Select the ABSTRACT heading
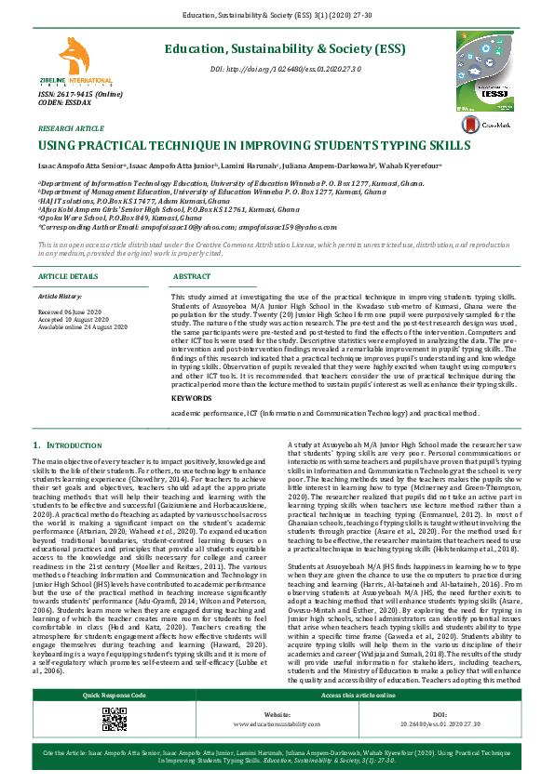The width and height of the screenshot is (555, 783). [x=193, y=277]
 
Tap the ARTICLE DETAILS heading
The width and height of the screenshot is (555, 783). [x=68, y=277]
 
